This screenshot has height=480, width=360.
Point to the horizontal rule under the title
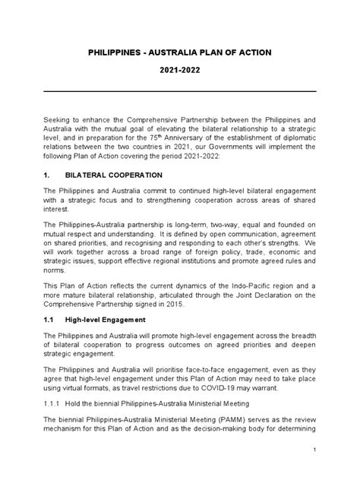(179, 91)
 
